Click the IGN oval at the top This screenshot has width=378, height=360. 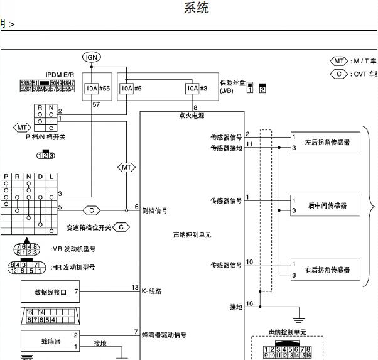[x=92, y=57]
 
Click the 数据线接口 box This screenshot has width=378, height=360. [x=50, y=292]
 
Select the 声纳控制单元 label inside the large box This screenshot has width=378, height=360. [x=192, y=234]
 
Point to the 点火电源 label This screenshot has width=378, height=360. [x=192, y=116]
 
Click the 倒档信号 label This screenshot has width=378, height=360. [x=154, y=210]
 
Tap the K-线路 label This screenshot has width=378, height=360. [x=151, y=291]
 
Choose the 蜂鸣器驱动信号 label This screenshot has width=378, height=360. [x=164, y=335]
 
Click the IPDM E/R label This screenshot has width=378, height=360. [x=60, y=74]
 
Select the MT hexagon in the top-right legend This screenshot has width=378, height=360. [x=339, y=61]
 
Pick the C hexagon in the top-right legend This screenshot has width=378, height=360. [x=339, y=74]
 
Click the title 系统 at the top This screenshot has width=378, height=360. [x=197, y=8]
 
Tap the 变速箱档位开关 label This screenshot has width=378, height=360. [x=89, y=227]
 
